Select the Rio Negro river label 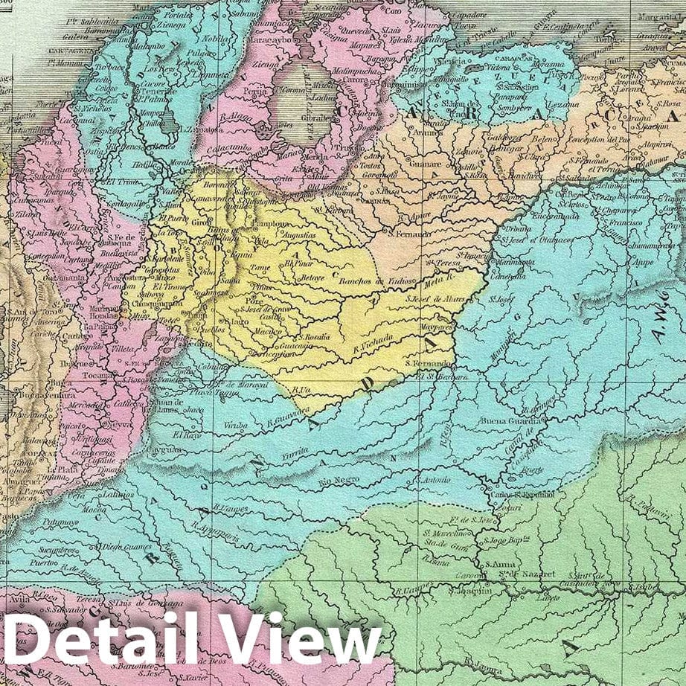pos(339,481)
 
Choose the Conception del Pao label pos(599,140)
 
